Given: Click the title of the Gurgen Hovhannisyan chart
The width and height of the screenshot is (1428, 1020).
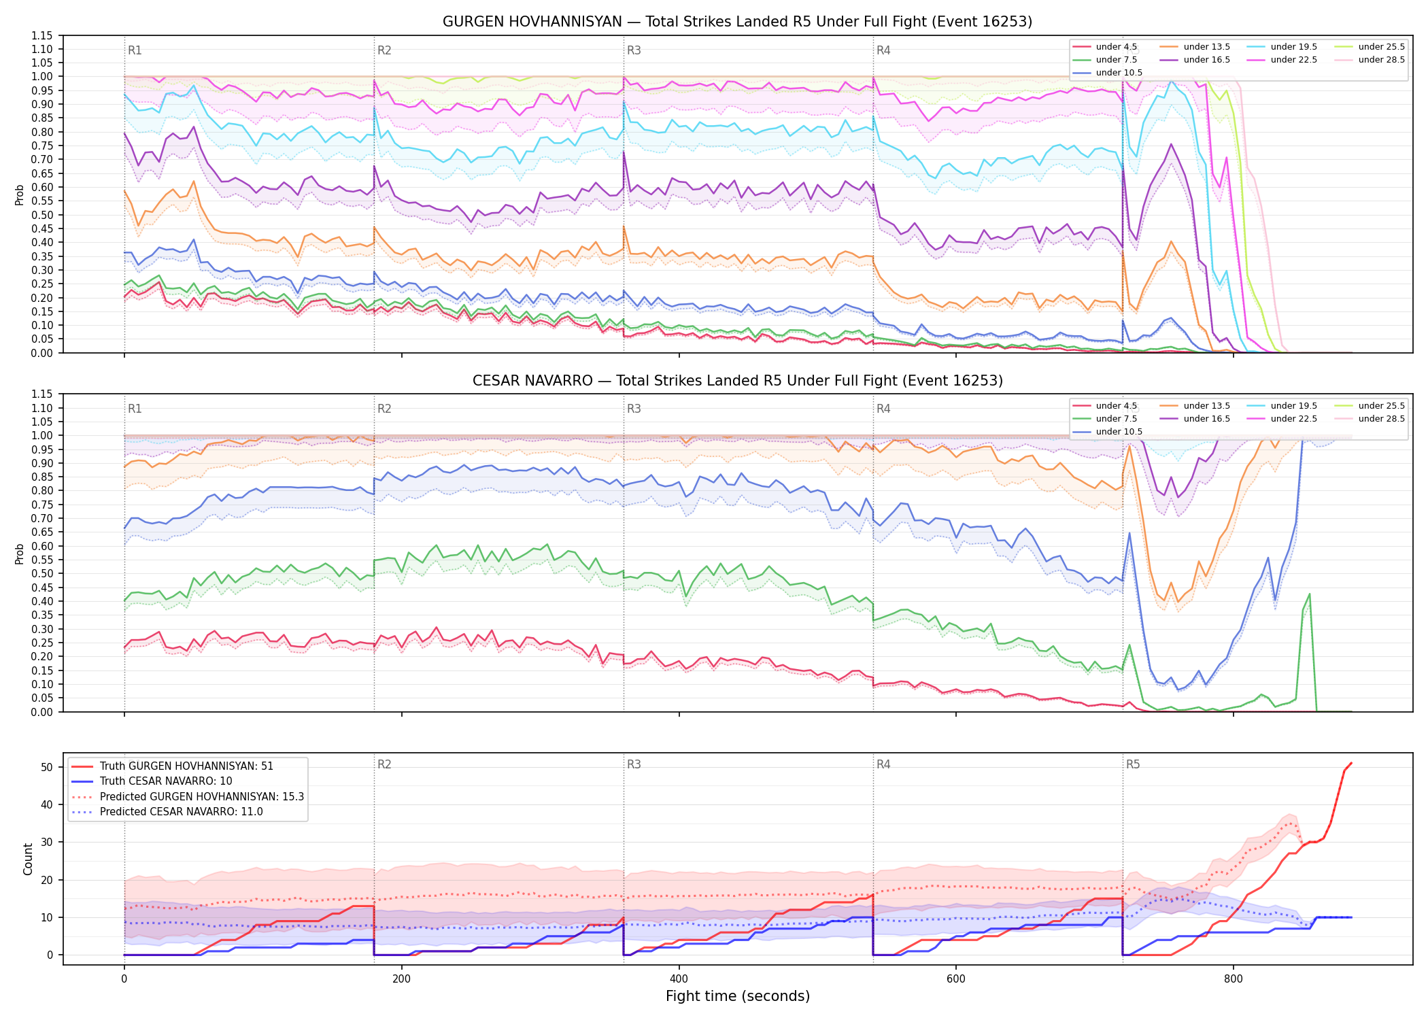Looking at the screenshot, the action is coord(737,22).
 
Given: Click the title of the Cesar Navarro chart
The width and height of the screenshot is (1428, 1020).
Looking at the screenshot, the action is coord(737,381).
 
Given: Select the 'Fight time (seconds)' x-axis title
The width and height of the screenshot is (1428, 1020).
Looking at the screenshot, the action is coord(738,996).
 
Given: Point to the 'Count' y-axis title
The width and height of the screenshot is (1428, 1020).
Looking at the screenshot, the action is coord(28,859).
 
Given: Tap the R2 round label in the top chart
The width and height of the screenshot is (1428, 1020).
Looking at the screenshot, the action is coord(384,50).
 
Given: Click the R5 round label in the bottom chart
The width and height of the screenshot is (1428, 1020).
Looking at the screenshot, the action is coord(1133,764).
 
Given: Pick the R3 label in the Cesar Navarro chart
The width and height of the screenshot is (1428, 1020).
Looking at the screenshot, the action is coord(634,409).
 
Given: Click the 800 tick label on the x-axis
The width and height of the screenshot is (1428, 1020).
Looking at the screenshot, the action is coord(1233,979).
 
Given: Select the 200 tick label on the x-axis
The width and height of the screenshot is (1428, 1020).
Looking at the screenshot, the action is coord(401,979).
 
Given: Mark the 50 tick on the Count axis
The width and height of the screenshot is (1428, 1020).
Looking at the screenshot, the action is coord(47,767).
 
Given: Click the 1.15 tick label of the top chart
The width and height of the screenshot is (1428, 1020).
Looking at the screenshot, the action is coord(42,35).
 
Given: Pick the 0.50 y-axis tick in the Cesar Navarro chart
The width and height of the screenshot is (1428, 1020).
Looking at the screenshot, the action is coord(42,574).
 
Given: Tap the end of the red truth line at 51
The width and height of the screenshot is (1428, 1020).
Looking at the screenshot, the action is coord(1351,763).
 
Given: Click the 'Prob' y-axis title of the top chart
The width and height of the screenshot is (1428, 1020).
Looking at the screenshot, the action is coord(20,195).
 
